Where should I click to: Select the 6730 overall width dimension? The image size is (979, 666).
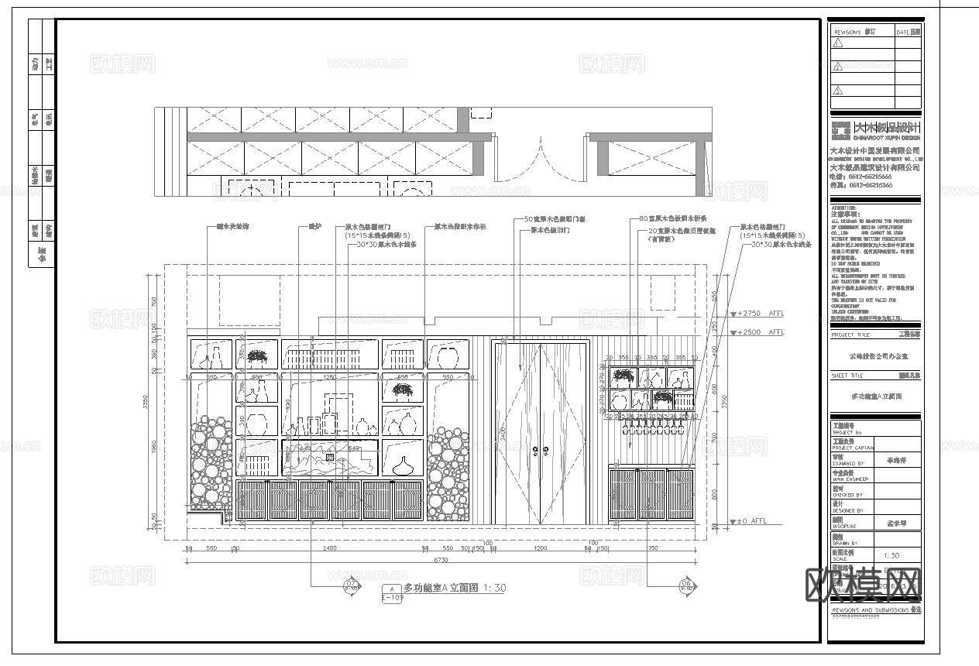tap(440, 559)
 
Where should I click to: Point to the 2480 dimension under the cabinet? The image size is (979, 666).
tap(328, 549)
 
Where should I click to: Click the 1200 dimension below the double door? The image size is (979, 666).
tap(541, 549)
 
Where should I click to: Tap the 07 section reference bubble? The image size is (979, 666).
tap(351, 585)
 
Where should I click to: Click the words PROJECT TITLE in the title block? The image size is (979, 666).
tap(850, 335)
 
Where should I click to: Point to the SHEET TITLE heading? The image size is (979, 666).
tap(849, 375)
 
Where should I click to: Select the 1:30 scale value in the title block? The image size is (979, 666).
tap(891, 555)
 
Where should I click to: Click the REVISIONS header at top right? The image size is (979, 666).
tap(847, 33)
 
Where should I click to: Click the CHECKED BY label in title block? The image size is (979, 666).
tap(847, 494)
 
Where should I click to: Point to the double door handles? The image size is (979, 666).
tap(542, 447)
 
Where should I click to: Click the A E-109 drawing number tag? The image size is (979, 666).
tap(393, 593)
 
